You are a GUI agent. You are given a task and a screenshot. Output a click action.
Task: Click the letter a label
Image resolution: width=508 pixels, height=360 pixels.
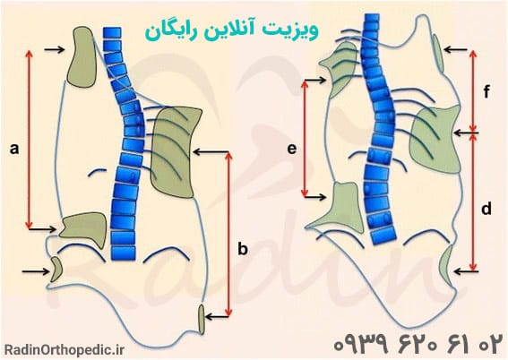click(x=14, y=150)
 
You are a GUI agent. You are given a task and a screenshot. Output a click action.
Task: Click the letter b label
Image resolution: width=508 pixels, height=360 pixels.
click(x=243, y=249)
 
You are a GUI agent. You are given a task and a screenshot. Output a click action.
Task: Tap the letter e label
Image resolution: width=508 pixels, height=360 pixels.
click(x=292, y=150)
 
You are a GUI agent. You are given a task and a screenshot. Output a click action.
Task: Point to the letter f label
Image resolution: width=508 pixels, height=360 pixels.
click(x=486, y=92)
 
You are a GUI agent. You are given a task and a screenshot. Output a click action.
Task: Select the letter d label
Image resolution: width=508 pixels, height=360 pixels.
click(x=486, y=209)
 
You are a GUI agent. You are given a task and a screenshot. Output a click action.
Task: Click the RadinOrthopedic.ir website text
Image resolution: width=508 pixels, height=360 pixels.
click(x=65, y=349)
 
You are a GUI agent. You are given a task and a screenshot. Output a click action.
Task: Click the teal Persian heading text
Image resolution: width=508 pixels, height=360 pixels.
click(x=231, y=31)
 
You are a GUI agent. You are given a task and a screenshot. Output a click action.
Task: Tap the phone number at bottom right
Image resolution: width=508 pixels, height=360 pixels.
click(x=418, y=344)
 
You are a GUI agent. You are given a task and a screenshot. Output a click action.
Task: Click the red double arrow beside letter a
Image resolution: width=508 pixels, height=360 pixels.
click(x=30, y=139)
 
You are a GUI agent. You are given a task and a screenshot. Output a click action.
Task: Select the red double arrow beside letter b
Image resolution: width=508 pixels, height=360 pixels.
click(x=228, y=234)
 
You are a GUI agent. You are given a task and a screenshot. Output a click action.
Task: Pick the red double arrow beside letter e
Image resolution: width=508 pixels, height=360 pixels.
click(x=305, y=138)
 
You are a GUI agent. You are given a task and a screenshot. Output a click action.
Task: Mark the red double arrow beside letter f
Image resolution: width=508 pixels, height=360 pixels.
click(x=473, y=91)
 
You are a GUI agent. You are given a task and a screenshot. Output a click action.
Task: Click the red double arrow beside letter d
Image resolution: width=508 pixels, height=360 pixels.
click(x=473, y=202)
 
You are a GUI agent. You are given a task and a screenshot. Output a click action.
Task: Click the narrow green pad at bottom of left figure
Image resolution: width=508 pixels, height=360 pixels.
click(x=202, y=319)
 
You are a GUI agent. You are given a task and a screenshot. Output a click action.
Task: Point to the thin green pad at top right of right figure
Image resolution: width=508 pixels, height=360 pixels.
click(x=438, y=53)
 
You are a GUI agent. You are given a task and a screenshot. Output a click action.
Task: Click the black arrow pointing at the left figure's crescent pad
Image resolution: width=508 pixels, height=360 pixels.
click(x=35, y=271)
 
